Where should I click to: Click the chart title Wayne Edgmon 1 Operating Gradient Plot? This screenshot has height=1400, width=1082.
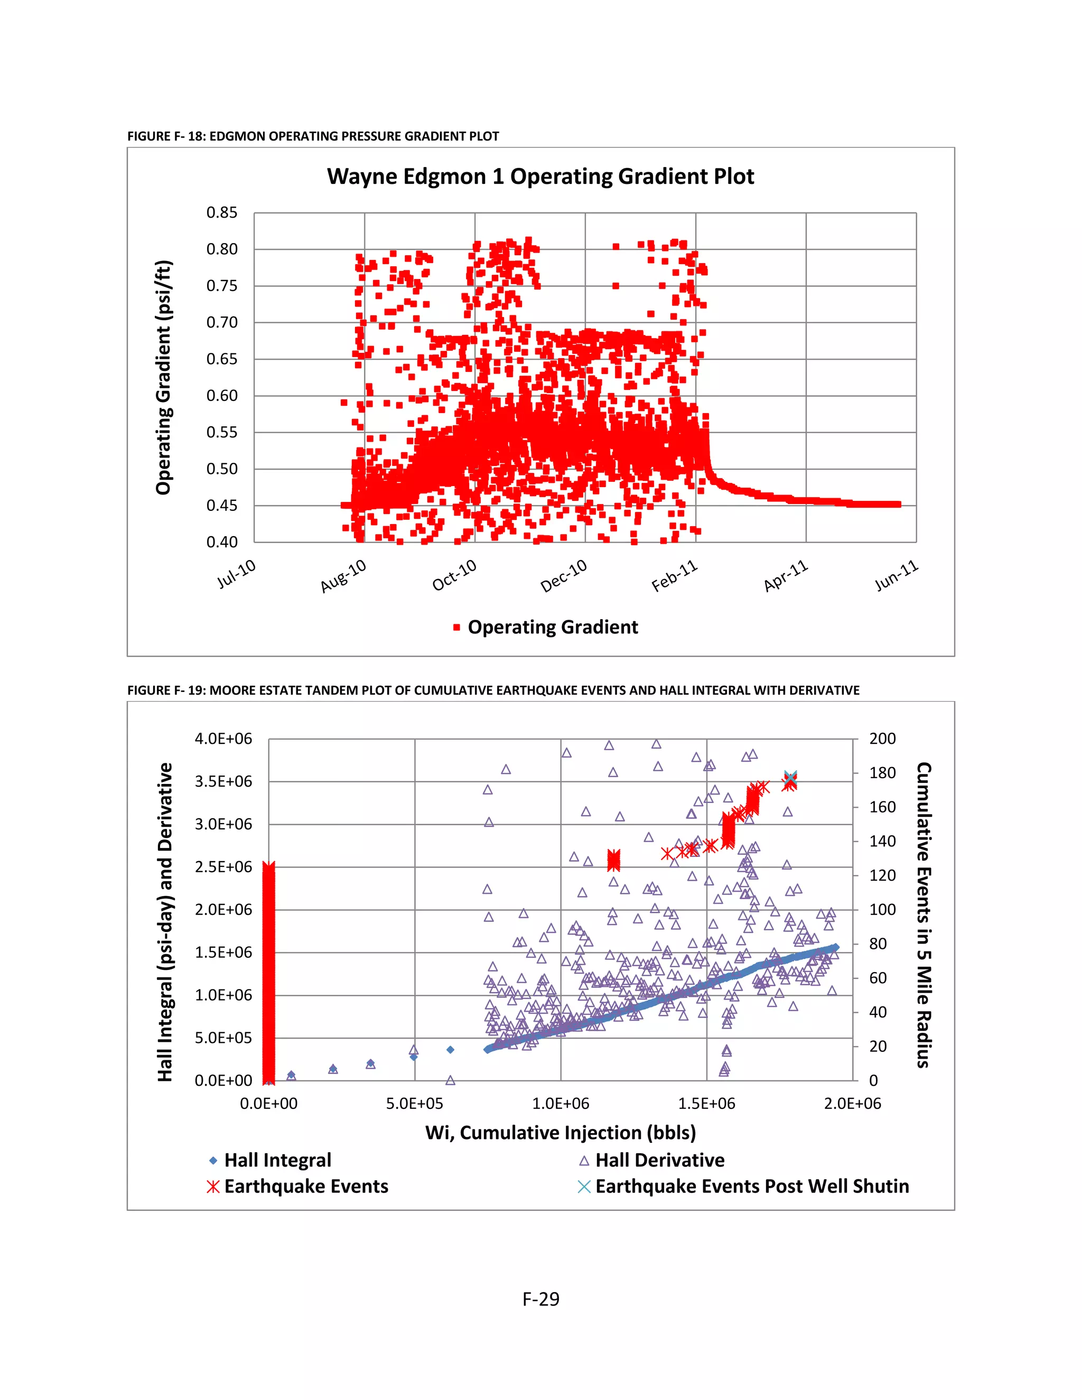click(540, 176)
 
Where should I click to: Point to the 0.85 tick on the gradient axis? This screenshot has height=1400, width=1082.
click(222, 213)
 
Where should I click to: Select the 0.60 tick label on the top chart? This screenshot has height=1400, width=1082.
click(222, 396)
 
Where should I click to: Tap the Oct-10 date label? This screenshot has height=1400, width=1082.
click(454, 575)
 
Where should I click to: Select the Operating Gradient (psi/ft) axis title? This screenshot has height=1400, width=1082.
click(164, 378)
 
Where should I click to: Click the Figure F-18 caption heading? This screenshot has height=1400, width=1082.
click(313, 136)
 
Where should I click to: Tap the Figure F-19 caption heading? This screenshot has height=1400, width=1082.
click(493, 690)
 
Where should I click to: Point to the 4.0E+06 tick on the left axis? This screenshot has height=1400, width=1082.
click(223, 739)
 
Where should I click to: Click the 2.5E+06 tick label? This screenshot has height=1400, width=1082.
click(223, 866)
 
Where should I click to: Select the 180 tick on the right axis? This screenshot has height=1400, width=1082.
click(882, 773)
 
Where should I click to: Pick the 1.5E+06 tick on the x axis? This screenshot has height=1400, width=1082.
click(706, 1103)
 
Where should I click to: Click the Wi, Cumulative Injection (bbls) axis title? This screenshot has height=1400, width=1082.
click(560, 1132)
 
